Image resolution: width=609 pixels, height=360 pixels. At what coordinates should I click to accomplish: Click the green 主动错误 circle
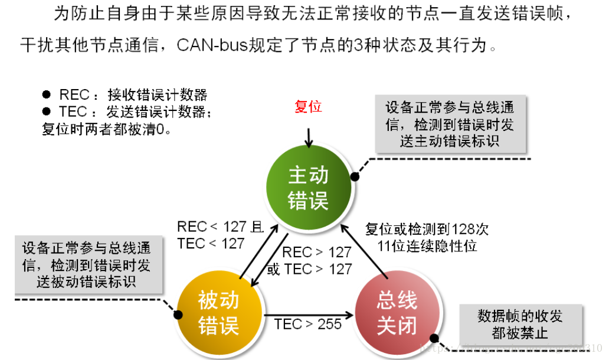tap(308, 188)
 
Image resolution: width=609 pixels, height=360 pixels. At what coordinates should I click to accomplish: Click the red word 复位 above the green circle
tap(308, 107)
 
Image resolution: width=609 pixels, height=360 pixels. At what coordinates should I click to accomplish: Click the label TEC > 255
tap(307, 324)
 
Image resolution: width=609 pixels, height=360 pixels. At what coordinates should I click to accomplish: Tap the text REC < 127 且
tap(220, 227)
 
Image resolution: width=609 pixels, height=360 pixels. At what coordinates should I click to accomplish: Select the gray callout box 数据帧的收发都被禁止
tap(520, 324)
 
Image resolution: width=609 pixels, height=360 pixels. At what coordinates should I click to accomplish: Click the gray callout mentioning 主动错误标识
tap(450, 125)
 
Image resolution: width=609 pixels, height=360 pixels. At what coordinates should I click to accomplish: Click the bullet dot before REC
tap(47, 95)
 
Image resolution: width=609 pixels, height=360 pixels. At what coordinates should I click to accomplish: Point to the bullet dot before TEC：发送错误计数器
tap(47, 112)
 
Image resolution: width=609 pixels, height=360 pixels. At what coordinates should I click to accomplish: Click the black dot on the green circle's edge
tap(355, 176)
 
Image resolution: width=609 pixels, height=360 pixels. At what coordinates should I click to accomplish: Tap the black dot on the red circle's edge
tap(435, 339)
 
